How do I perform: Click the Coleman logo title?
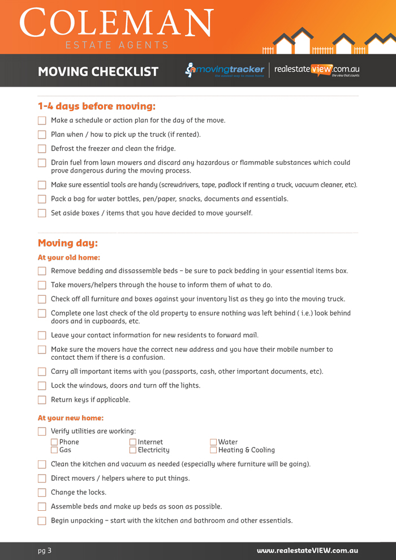coord(117,24)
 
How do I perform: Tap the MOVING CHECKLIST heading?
coord(98,72)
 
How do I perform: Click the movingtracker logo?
coord(225,70)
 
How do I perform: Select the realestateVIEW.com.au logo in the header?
coord(317,70)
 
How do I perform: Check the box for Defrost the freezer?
coord(42,149)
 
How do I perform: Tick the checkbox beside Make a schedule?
coord(42,120)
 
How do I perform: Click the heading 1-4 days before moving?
coord(96,106)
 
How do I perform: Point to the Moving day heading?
coord(68,243)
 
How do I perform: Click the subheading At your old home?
coord(69,257)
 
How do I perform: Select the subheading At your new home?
coord(71,418)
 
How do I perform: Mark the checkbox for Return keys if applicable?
coord(42,400)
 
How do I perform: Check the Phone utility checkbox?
coord(54,442)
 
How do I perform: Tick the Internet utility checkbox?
coord(133,442)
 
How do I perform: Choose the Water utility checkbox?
coord(213,442)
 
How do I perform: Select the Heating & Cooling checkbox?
coord(213,450)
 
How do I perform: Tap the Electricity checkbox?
coord(133,450)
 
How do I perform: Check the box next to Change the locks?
coord(42,493)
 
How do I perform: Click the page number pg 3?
coord(45,550)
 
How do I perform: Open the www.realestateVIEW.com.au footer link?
coord(307,550)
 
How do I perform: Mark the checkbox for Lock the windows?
coord(42,386)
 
